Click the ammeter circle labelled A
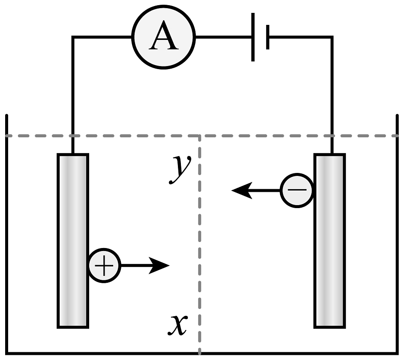click(x=163, y=37)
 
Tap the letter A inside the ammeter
click(x=163, y=38)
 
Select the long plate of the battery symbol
click(x=253, y=37)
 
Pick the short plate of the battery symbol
click(x=268, y=37)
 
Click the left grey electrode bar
click(x=72, y=240)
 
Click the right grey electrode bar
click(x=330, y=240)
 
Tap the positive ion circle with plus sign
click(x=104, y=266)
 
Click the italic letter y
click(x=178, y=169)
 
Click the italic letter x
click(x=177, y=324)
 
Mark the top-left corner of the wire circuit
click(x=72, y=38)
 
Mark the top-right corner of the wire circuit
click(x=331, y=38)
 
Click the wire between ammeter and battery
click(x=223, y=37)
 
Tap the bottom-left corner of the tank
click(x=6, y=353)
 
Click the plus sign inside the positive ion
click(x=104, y=266)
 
